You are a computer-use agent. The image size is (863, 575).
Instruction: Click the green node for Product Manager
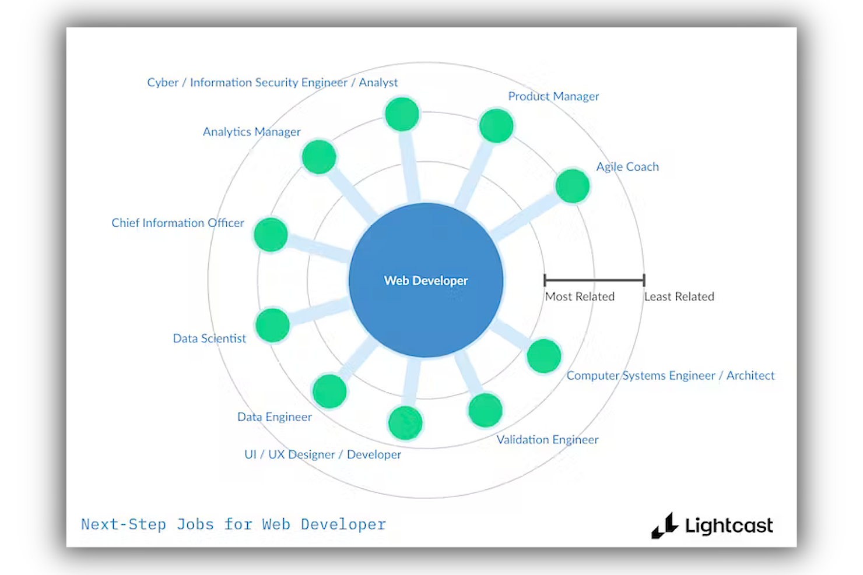click(496, 126)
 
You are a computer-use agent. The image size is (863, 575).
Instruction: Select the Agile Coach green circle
click(573, 186)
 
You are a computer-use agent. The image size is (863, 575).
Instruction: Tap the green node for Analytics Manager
click(319, 157)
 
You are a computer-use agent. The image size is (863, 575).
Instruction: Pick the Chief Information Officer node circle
click(271, 234)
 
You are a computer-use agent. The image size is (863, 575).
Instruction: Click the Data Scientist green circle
click(272, 325)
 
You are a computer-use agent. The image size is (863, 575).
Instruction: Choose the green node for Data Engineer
click(329, 391)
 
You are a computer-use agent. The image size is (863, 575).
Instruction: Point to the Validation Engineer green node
click(485, 410)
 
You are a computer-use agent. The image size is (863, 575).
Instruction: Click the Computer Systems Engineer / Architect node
click(543, 356)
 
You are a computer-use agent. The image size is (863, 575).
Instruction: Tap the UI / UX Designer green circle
click(405, 422)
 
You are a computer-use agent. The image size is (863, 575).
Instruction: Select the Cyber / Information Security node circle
click(402, 114)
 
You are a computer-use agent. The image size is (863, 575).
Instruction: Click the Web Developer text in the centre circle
click(426, 281)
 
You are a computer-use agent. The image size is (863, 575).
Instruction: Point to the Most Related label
click(580, 297)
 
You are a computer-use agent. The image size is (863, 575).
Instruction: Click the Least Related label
click(679, 297)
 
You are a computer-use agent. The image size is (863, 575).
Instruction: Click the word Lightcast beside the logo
click(729, 525)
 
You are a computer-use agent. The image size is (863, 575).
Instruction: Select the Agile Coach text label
click(627, 167)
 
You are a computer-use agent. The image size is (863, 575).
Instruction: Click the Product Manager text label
click(553, 96)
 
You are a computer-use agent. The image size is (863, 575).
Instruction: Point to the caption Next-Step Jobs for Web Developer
click(233, 524)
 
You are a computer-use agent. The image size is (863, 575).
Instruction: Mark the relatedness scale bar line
click(594, 280)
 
